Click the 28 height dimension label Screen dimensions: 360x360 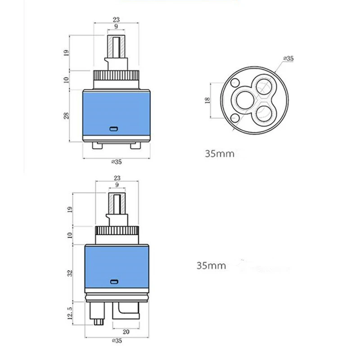66,116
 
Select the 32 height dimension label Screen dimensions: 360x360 70,273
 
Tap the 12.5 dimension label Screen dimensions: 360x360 70,313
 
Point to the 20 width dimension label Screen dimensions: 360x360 126,332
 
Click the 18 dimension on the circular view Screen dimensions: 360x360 207,100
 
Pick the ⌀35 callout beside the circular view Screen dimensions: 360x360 288,58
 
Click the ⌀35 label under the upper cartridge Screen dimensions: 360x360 117,162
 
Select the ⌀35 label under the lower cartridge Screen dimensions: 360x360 117,341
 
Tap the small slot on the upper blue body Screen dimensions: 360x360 114,129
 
